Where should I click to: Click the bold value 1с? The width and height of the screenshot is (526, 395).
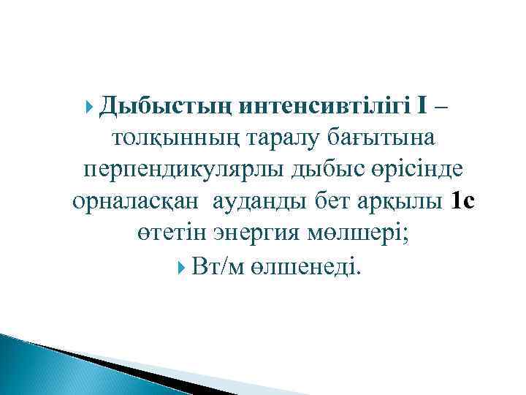pos(464,201)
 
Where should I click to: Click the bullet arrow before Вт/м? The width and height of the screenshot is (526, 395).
pos(182,267)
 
